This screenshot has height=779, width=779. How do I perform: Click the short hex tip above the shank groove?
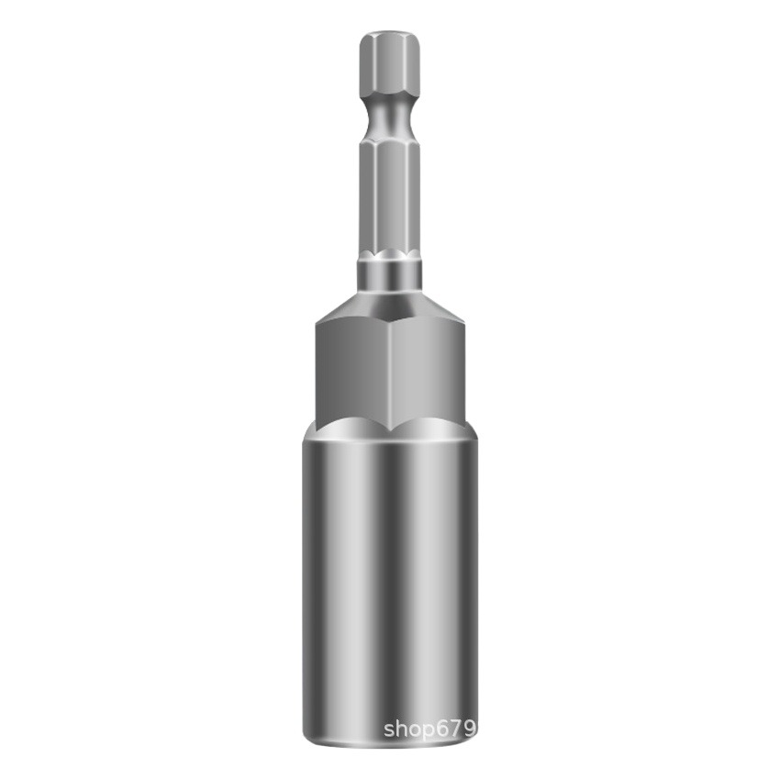tap(389, 64)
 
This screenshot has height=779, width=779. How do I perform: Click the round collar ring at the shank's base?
tap(389, 274)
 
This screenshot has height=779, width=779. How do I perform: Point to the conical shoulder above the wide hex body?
tap(389, 307)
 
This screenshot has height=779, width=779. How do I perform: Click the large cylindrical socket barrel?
tap(389, 569)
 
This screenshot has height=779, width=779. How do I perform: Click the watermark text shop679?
tap(430, 729)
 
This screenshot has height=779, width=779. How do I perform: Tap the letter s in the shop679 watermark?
tap(390, 730)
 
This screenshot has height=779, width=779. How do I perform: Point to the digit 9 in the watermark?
tap(472, 729)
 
